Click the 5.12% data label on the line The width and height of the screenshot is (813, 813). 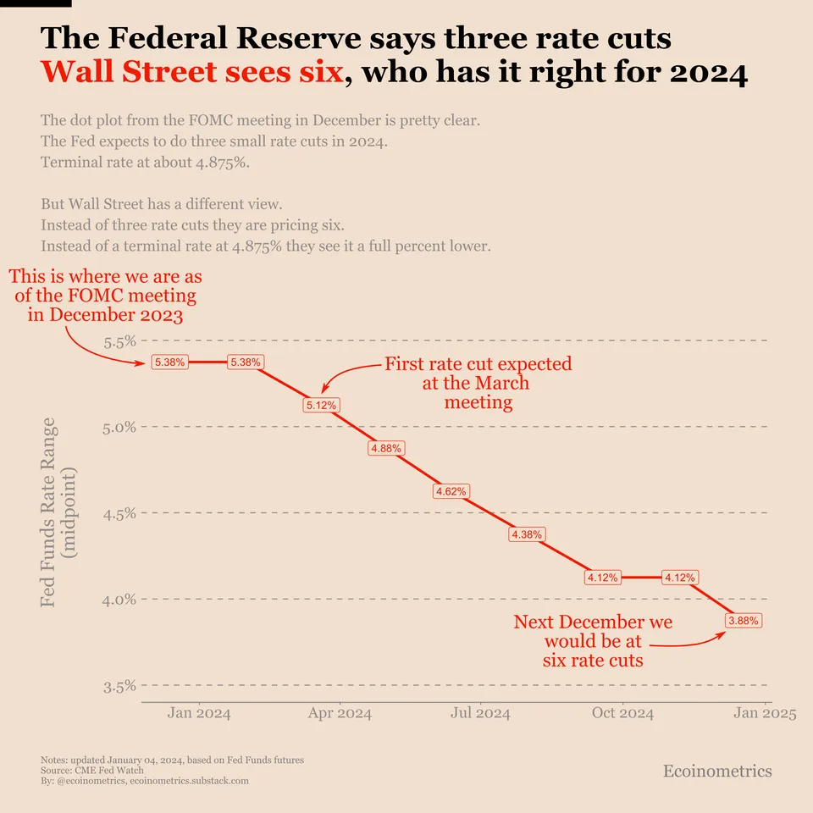click(321, 406)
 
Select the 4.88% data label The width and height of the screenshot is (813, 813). click(385, 448)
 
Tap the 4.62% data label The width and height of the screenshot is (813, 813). click(450, 491)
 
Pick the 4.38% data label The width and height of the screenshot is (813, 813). click(527, 534)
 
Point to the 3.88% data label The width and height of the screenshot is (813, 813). click(744, 621)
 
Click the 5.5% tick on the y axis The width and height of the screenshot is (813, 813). click(119, 342)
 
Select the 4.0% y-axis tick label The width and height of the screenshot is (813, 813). click(119, 600)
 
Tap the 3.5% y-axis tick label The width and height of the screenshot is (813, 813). click(119, 686)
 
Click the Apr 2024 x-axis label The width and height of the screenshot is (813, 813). click(340, 713)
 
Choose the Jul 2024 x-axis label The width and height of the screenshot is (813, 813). click(481, 713)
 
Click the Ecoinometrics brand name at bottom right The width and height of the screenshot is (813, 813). click(717, 771)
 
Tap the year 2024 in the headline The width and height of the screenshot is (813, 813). click(708, 73)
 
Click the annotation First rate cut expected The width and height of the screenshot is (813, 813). click(478, 365)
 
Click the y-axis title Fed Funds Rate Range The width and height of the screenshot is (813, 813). click(48, 512)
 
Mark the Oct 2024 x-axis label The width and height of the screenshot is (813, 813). click(622, 713)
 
